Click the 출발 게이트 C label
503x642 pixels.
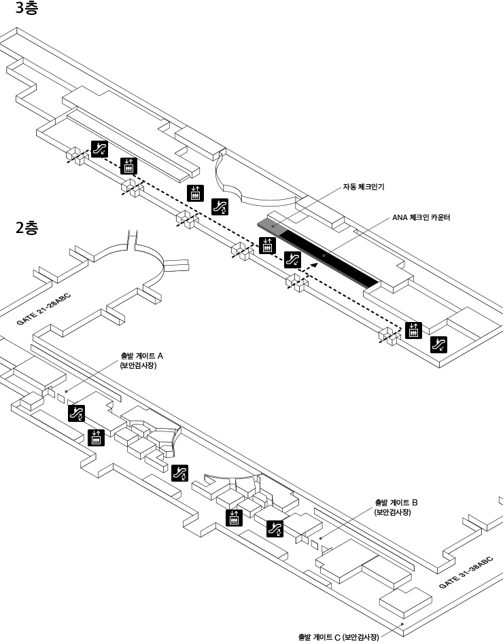[338, 637]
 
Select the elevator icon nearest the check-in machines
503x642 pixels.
[268, 244]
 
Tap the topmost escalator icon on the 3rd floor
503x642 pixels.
[99, 148]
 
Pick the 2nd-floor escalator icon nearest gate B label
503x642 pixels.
[275, 528]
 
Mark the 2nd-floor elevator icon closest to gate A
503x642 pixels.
[96, 438]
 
